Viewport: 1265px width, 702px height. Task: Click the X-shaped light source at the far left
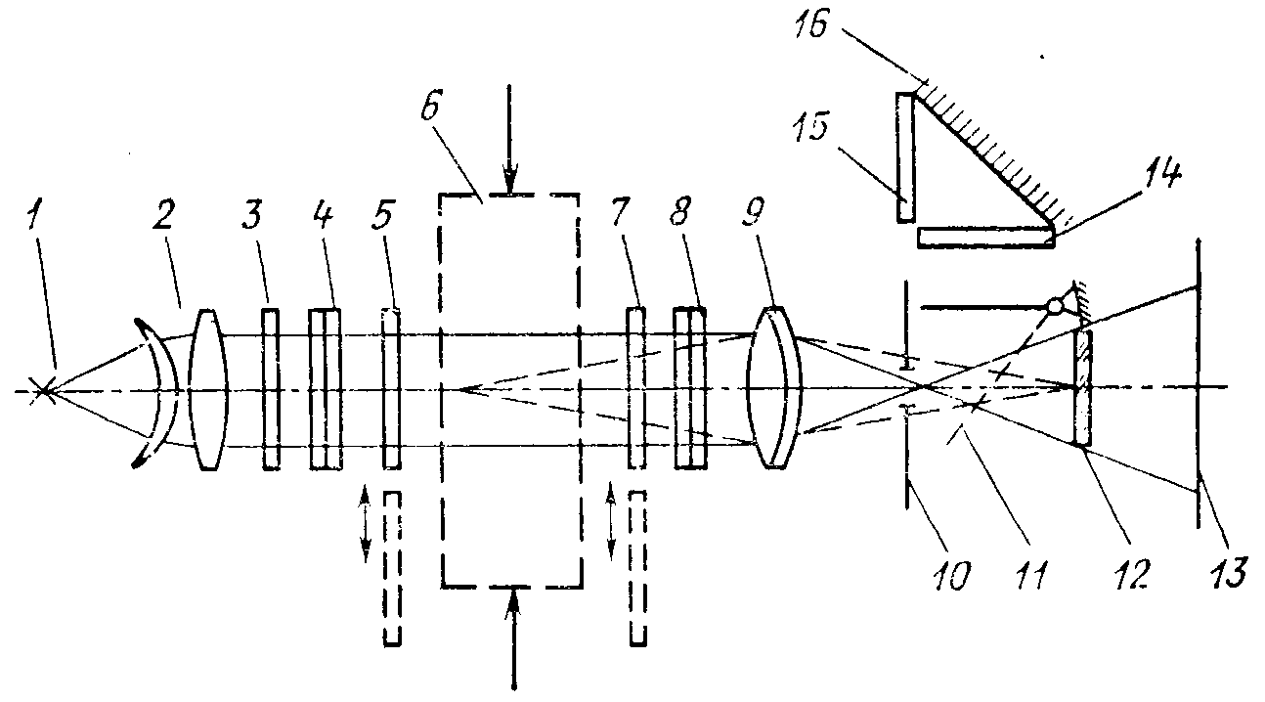click(42, 391)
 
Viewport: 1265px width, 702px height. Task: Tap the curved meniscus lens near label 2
click(156, 391)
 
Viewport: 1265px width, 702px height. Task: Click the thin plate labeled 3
click(271, 389)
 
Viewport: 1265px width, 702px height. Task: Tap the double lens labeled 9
click(773, 388)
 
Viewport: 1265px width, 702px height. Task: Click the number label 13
click(1221, 570)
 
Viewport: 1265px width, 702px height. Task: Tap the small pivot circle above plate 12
click(1053, 307)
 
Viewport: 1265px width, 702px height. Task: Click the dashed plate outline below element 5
click(392, 568)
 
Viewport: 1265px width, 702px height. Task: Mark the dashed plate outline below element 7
click(637, 568)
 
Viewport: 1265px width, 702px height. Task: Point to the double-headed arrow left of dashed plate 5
click(365, 524)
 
